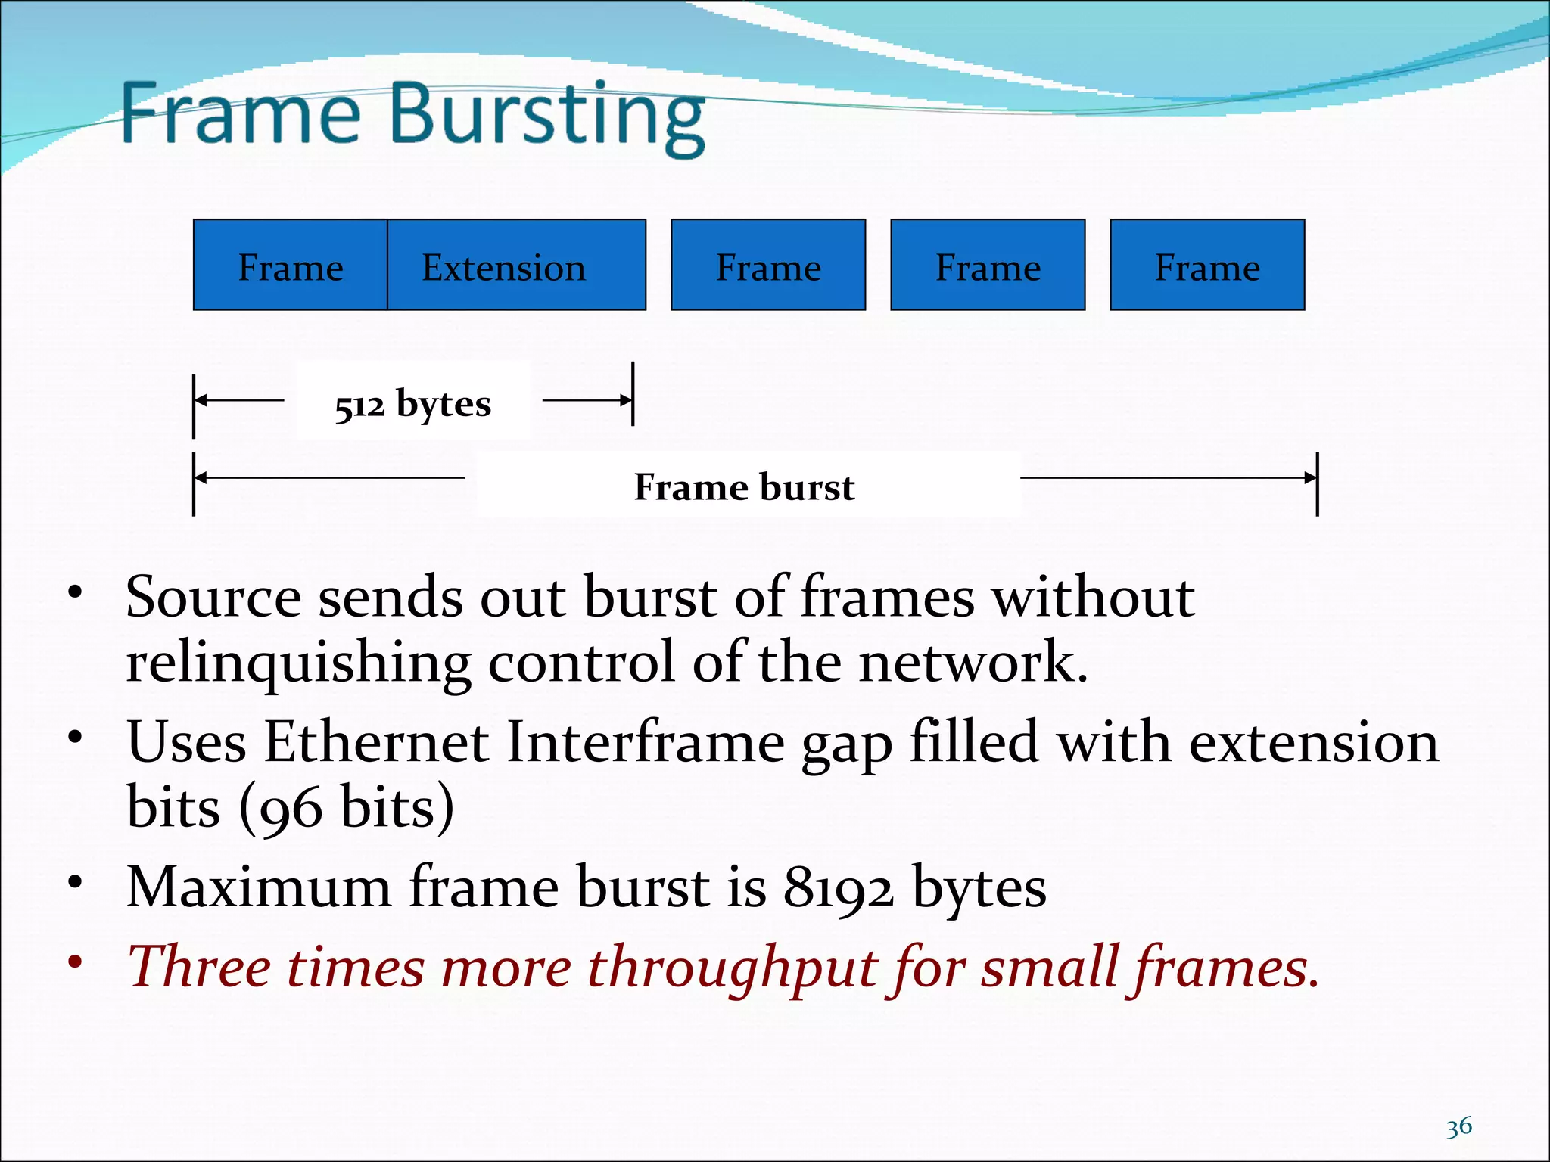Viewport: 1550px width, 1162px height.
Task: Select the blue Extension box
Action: [516, 266]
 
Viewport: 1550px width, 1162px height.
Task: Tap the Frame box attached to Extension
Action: [291, 266]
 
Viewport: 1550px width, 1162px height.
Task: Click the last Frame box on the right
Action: [1207, 266]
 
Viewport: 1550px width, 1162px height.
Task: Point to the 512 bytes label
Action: [413, 404]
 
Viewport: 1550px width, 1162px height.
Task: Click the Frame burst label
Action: [744, 486]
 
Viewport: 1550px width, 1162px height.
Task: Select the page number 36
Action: [1458, 1127]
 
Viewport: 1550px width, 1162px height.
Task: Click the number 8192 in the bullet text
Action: [838, 887]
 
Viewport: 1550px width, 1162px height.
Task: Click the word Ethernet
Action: [375, 742]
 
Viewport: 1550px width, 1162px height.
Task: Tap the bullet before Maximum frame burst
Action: [74, 882]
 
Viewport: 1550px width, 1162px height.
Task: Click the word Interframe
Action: [645, 742]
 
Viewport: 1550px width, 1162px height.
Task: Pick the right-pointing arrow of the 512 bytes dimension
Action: [587, 400]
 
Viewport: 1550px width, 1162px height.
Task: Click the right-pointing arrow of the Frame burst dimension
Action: [1169, 477]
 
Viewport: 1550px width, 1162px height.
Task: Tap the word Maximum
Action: [258, 887]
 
